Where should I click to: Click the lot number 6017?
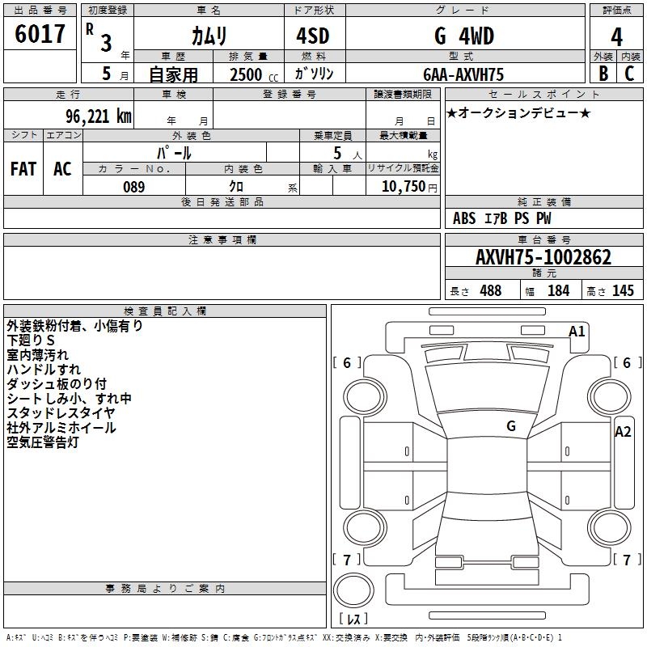(x=40, y=35)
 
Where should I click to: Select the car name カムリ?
(x=208, y=36)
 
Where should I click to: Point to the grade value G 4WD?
(x=463, y=36)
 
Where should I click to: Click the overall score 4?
(x=616, y=37)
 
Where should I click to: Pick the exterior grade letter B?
(x=603, y=74)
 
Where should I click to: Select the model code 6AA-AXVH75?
(x=463, y=74)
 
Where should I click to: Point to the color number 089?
(x=133, y=187)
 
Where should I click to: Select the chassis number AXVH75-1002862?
(x=543, y=258)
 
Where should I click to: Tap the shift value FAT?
(x=23, y=169)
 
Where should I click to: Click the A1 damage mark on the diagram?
(x=577, y=332)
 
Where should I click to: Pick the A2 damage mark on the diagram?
(x=623, y=432)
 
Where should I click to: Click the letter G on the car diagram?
(x=511, y=425)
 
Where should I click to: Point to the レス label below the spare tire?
(x=353, y=620)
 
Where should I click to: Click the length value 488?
(x=490, y=291)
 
